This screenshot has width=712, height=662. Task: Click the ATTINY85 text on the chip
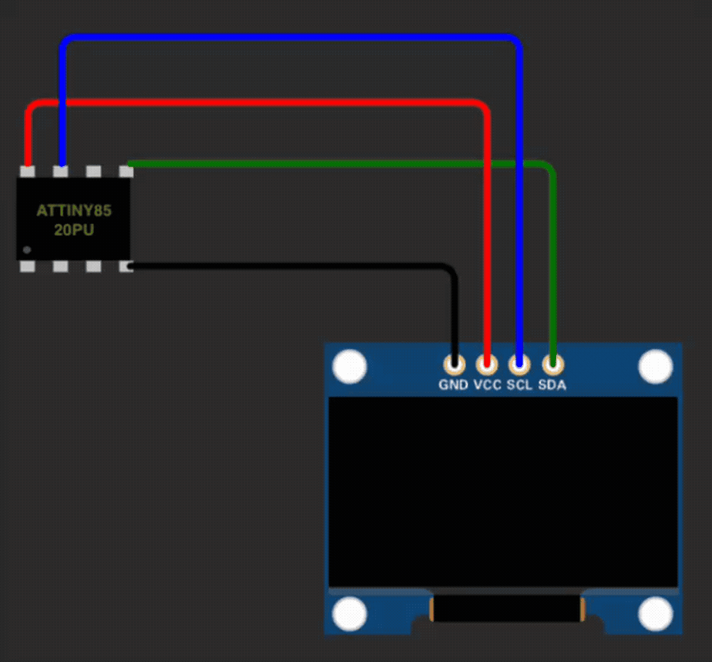[74, 211]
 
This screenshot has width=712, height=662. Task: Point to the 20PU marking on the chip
[74, 230]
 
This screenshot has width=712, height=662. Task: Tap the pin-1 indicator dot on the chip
[27, 250]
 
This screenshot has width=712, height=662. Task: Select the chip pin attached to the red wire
[28, 172]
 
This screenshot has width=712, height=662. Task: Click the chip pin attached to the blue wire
[61, 172]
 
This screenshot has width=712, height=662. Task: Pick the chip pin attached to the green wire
[126, 172]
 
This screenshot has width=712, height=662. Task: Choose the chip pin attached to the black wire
[126, 267]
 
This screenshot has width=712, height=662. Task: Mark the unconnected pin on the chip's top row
[93, 172]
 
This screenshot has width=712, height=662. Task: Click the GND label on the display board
[454, 386]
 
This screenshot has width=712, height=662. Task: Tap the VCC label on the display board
[487, 386]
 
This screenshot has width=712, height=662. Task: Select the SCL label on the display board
[519, 386]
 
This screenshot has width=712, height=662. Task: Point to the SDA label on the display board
[552, 386]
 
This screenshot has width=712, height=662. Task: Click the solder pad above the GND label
[454, 365]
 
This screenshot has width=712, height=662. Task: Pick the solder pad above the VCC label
[487, 365]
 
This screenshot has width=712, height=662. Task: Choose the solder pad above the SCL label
[520, 365]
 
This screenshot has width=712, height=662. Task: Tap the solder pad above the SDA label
[553, 365]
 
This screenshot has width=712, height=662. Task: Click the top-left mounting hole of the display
[350, 367]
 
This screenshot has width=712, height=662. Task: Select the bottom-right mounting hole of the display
[655, 614]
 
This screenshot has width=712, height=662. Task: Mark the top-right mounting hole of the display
[655, 367]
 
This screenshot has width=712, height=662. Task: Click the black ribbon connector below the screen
[506, 609]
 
